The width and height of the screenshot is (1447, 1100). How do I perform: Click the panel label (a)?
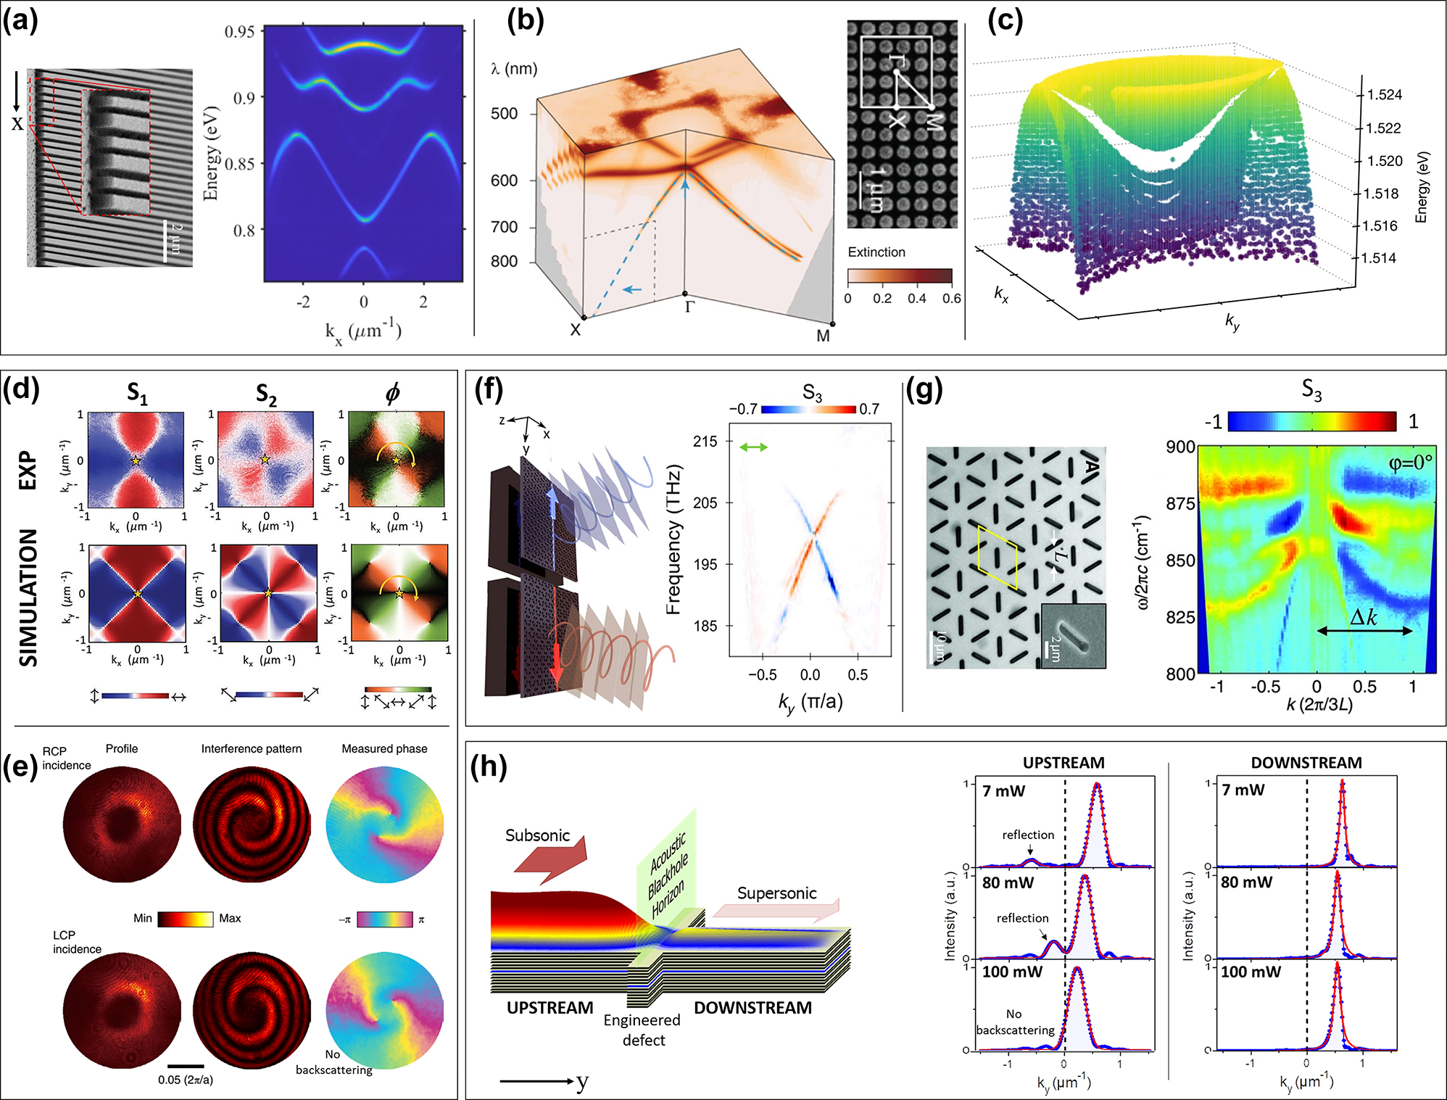coord(20,20)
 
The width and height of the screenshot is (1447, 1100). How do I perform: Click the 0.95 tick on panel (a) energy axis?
coord(239,32)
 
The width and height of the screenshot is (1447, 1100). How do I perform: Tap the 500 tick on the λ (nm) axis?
coord(504,114)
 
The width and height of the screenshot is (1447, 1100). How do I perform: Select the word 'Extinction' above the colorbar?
coord(876,252)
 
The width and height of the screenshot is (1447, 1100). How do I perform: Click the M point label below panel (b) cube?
coord(823,336)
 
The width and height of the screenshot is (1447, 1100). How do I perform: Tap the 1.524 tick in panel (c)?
coord(1384,95)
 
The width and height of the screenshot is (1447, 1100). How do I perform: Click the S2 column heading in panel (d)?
coord(266,394)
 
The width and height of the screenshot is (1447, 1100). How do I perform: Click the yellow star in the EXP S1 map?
coord(136,460)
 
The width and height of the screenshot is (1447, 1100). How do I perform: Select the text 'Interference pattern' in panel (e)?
coord(251,748)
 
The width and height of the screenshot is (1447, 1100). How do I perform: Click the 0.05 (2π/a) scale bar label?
coord(186,1080)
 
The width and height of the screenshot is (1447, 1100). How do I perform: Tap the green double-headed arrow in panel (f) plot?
coord(753,447)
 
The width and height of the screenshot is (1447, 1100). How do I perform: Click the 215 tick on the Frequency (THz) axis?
coord(705,441)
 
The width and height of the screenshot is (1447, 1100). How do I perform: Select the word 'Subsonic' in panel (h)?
coord(537,835)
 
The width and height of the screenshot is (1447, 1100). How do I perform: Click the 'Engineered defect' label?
coord(642,1030)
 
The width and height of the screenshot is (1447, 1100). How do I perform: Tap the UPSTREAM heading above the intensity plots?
coord(1064,763)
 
